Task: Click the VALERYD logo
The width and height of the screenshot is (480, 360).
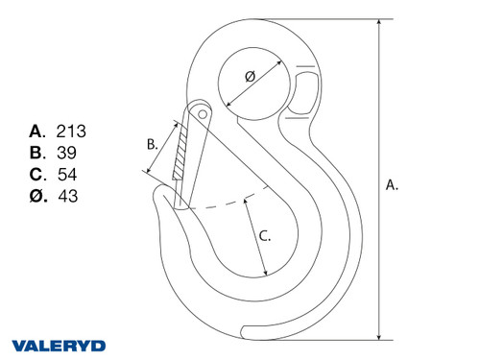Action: point(59,345)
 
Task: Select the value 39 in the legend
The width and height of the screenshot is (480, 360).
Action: point(67,152)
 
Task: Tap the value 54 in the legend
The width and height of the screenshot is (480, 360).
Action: point(67,174)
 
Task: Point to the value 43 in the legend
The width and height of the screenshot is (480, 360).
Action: point(68,196)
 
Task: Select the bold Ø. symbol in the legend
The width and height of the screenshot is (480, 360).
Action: point(37,196)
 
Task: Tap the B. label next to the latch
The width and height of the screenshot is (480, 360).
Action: point(153,144)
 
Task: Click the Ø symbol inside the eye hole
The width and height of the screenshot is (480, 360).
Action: point(251,76)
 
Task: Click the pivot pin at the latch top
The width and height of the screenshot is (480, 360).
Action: point(202,111)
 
